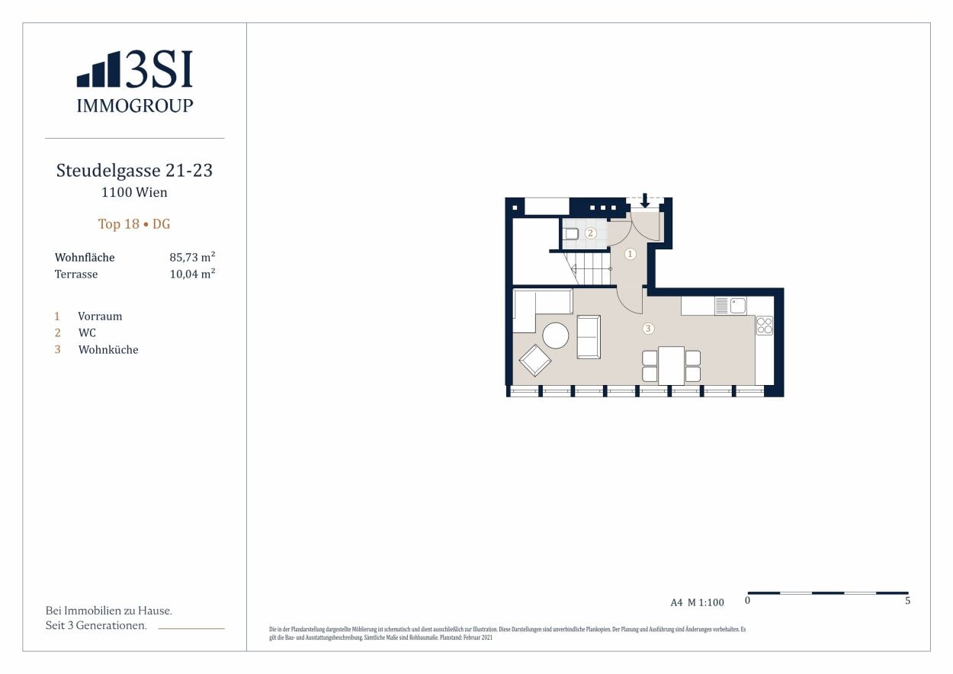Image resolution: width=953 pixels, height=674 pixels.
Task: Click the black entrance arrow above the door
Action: pyautogui.click(x=645, y=201)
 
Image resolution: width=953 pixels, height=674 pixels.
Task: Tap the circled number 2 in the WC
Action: pyautogui.click(x=590, y=233)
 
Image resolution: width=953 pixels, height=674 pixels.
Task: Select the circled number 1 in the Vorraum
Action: pyautogui.click(x=630, y=254)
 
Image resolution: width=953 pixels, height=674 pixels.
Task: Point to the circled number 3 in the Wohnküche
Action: pyautogui.click(x=648, y=329)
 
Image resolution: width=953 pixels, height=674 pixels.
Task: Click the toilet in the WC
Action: pyautogui.click(x=570, y=234)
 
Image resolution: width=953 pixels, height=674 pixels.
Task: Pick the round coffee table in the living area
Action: pyautogui.click(x=555, y=335)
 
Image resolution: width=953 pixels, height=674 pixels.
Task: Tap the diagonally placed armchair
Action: pyautogui.click(x=535, y=361)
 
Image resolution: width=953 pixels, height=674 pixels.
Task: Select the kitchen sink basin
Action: pyautogui.click(x=737, y=306)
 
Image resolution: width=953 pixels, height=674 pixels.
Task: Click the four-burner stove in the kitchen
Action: pyautogui.click(x=764, y=326)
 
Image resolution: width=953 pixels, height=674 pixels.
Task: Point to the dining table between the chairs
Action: pyautogui.click(x=671, y=365)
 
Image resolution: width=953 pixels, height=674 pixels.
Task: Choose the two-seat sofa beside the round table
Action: pyautogui.click(x=589, y=336)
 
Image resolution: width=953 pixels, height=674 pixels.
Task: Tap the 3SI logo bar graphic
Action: pyautogui.click(x=98, y=70)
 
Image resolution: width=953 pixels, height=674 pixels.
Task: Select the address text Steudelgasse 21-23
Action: pyautogui.click(x=134, y=171)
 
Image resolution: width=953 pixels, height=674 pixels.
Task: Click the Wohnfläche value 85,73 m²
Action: pyautogui.click(x=192, y=258)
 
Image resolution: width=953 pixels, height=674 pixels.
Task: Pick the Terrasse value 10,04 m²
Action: pyautogui.click(x=192, y=274)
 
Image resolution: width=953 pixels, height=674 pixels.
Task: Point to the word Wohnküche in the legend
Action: pyautogui.click(x=108, y=350)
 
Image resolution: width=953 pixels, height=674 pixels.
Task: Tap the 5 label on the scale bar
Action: pyautogui.click(x=907, y=601)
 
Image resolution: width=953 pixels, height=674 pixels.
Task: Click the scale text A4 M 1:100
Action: pyautogui.click(x=697, y=602)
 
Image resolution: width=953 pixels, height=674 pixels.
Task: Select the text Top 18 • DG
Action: pyautogui.click(x=134, y=224)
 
